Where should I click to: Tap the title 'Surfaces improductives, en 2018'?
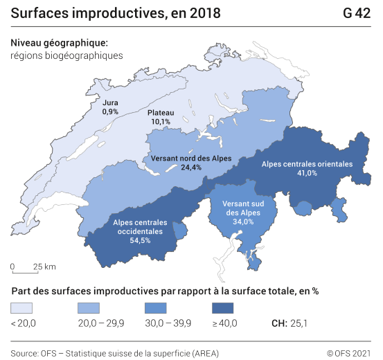click(x=116, y=13)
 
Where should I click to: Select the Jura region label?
click(x=110, y=102)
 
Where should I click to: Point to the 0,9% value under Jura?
click(x=110, y=111)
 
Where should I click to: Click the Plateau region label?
click(x=160, y=113)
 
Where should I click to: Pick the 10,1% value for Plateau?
click(x=160, y=122)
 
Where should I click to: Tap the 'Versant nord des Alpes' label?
click(x=190, y=159)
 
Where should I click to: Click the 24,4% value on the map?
click(x=190, y=168)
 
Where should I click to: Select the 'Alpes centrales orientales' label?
click(x=307, y=164)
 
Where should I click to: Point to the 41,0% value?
click(x=307, y=173)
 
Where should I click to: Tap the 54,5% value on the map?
click(x=141, y=240)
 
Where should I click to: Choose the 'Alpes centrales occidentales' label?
click(x=141, y=226)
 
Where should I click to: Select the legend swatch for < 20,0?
click(x=21, y=308)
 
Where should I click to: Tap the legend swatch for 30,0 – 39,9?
click(x=154, y=308)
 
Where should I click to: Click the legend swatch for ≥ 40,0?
click(x=221, y=308)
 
